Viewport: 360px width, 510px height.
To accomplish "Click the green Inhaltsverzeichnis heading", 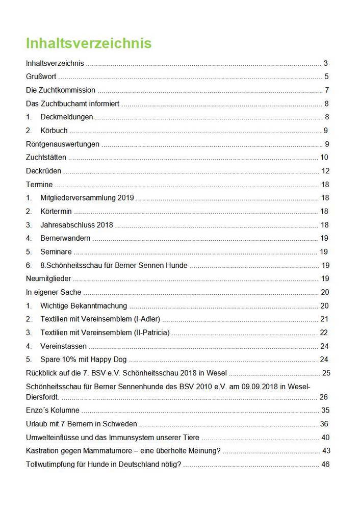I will click(x=89, y=43).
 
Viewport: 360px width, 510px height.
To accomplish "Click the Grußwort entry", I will click(x=41, y=77).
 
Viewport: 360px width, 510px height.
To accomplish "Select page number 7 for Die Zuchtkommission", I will click(x=326, y=90).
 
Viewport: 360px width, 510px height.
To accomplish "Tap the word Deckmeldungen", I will click(x=67, y=117).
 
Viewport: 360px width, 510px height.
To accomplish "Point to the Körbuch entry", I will click(x=54, y=131).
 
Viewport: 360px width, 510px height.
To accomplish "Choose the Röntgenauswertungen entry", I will click(x=63, y=144).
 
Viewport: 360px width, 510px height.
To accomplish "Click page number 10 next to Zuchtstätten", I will click(x=324, y=157).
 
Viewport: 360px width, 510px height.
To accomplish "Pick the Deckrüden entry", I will click(x=44, y=171).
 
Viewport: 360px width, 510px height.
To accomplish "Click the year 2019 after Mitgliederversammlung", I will click(x=125, y=198).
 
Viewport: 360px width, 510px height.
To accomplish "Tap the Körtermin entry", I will click(x=56, y=211).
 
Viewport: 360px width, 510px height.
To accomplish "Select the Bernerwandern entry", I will click(x=66, y=238).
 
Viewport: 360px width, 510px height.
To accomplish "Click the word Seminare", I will click(x=56, y=252).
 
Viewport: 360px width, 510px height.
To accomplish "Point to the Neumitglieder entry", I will click(x=48, y=279).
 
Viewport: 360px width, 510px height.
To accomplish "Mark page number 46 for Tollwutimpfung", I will click(x=326, y=464).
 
